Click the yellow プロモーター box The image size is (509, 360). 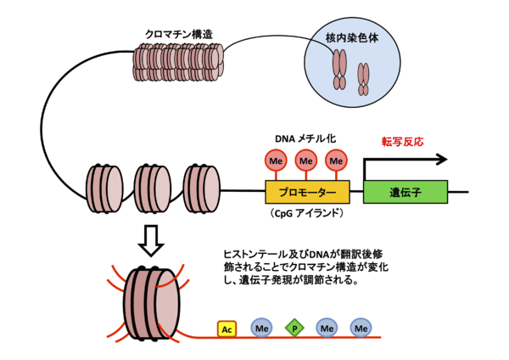pos(306,190)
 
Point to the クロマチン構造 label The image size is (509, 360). pos(178,35)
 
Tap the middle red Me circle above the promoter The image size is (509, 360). pos(306,160)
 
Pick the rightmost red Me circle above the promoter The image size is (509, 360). pos(336,160)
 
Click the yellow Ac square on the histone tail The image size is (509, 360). pos(227,329)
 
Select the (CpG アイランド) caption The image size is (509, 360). pos(306,213)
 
